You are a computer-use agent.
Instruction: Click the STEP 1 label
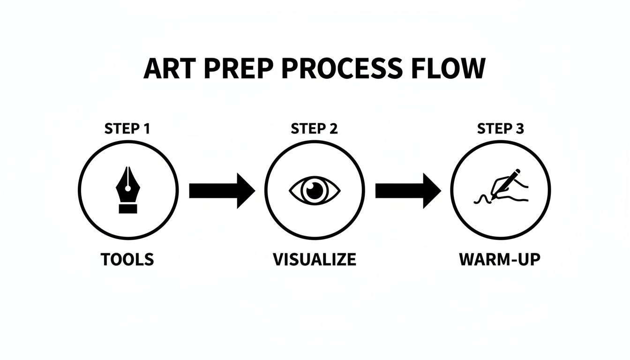point(127,129)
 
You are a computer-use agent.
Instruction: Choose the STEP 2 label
point(314,129)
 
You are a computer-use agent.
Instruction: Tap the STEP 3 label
point(500,129)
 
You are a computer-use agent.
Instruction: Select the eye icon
point(315,190)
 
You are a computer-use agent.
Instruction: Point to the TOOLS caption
point(127,259)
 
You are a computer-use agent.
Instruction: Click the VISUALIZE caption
point(314,259)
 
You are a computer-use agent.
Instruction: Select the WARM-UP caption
point(500,259)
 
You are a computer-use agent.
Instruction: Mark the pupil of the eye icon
point(315,190)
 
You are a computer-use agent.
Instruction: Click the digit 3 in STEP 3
point(519,129)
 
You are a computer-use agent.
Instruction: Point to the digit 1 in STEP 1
point(146,129)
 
